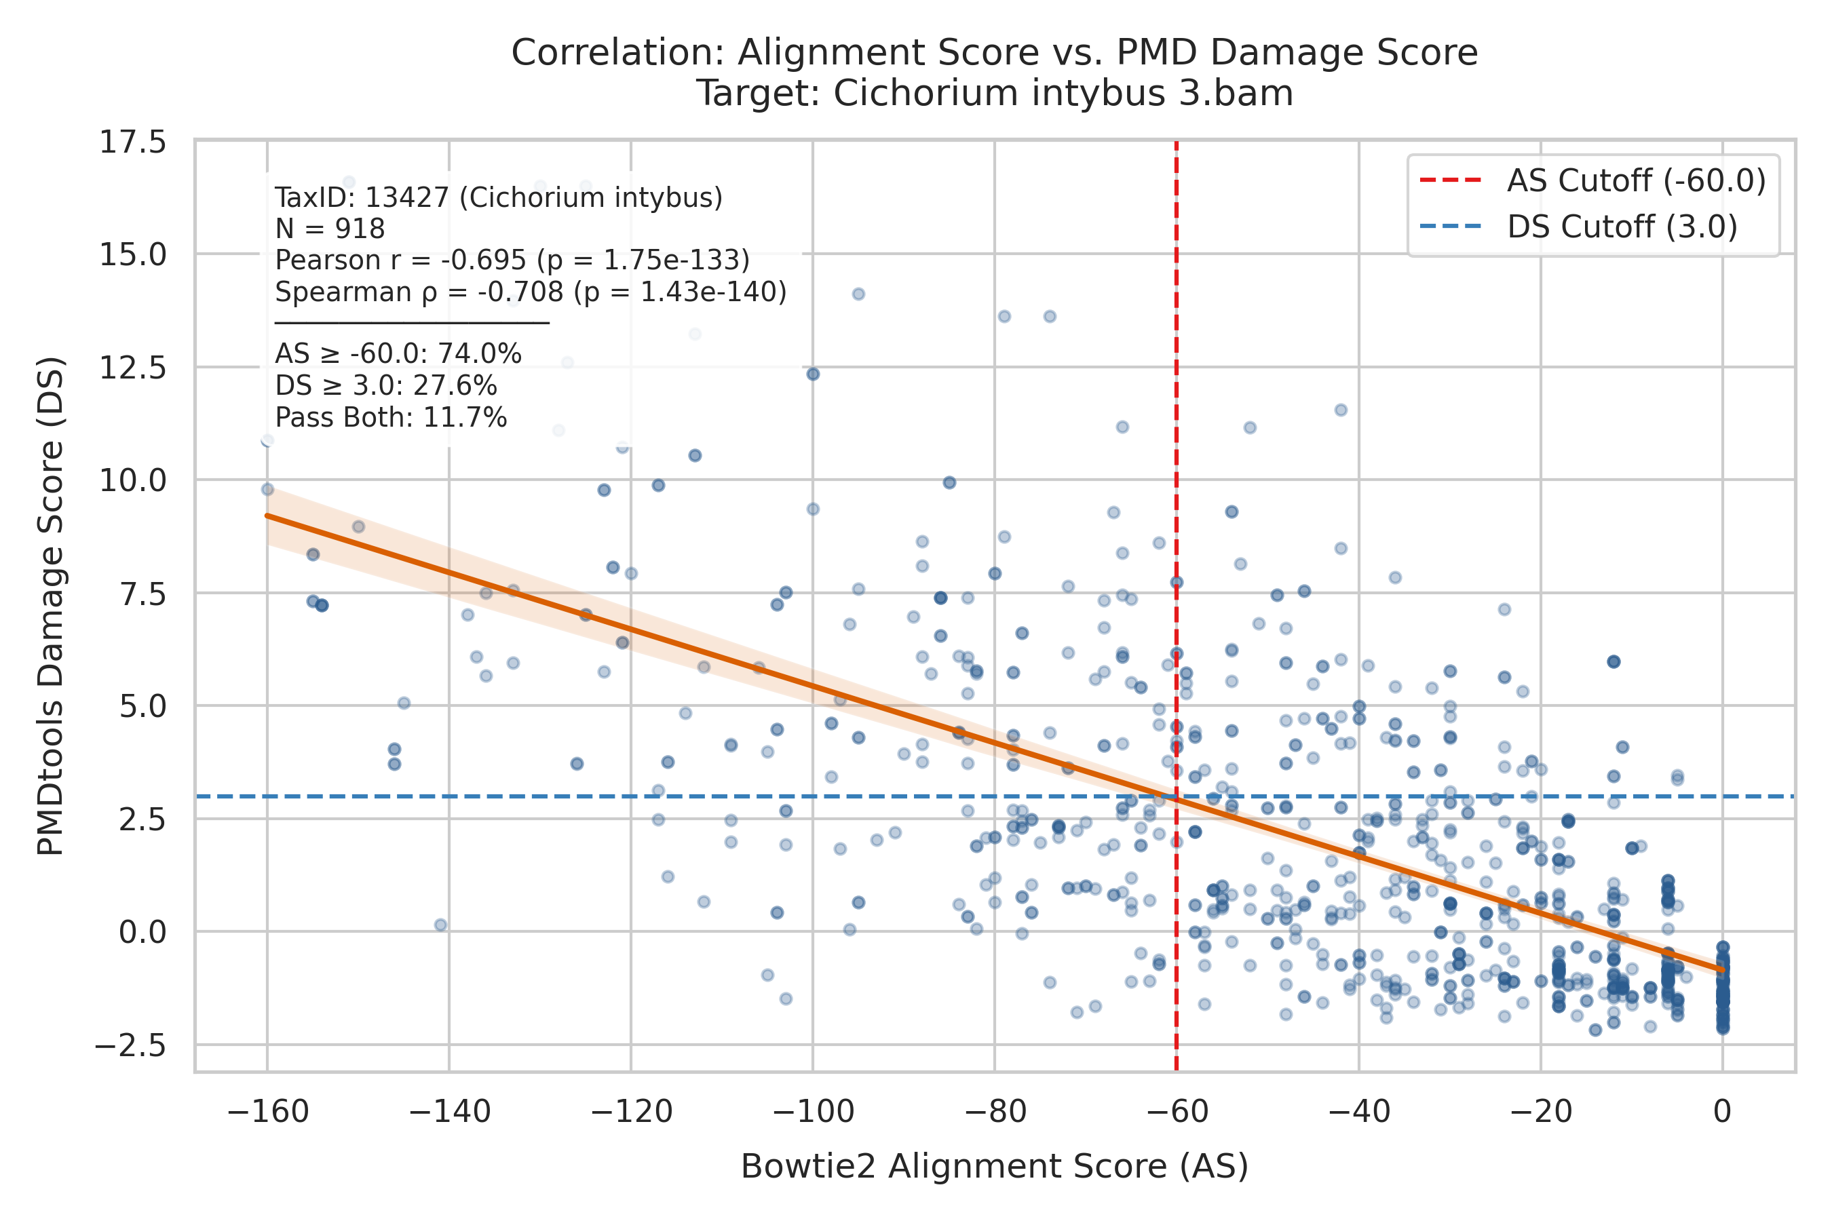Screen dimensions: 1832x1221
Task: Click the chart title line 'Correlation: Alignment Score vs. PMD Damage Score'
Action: [995, 53]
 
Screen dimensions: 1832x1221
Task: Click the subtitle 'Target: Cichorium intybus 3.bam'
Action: [995, 94]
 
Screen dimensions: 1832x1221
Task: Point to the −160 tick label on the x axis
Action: [267, 1111]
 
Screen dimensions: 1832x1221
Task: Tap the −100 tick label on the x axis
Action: [812, 1111]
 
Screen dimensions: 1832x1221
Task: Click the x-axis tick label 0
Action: [1722, 1111]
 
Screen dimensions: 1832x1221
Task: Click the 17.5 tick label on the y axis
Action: [132, 143]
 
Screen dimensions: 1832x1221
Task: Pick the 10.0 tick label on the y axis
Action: [132, 480]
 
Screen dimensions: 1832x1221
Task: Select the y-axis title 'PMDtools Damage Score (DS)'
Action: [52, 606]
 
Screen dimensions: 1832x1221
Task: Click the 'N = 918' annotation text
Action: [330, 229]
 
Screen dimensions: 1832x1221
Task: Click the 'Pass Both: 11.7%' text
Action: [391, 418]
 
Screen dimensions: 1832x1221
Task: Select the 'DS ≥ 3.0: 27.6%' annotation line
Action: [386, 386]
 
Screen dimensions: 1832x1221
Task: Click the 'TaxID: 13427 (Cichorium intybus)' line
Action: [499, 198]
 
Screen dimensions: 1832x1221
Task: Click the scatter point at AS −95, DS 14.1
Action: [858, 294]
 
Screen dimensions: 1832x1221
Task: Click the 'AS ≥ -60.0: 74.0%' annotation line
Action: [399, 354]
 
